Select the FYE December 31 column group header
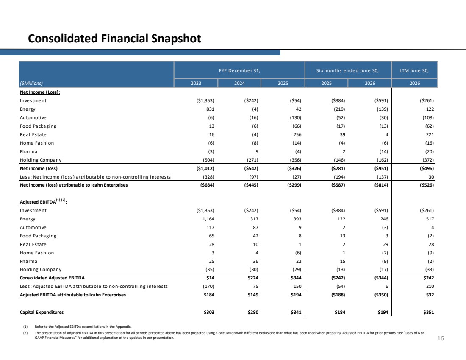click(239, 70)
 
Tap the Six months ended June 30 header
click(347, 70)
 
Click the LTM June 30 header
click(414, 70)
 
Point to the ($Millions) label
click(31, 83)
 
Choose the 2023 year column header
click(196, 83)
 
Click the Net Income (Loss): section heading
click(40, 92)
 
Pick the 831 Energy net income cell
click(210, 109)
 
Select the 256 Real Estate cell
click(297, 134)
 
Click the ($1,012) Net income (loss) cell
click(205, 168)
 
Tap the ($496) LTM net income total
click(427, 168)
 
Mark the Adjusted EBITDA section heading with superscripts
click(43, 201)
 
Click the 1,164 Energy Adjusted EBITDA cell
click(208, 219)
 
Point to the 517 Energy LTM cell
click(430, 219)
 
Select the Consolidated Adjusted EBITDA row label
click(52, 278)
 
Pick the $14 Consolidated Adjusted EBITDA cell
click(210, 278)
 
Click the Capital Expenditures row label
click(42, 312)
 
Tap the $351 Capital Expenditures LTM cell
click(429, 312)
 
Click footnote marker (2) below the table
click(25, 333)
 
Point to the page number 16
click(441, 338)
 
